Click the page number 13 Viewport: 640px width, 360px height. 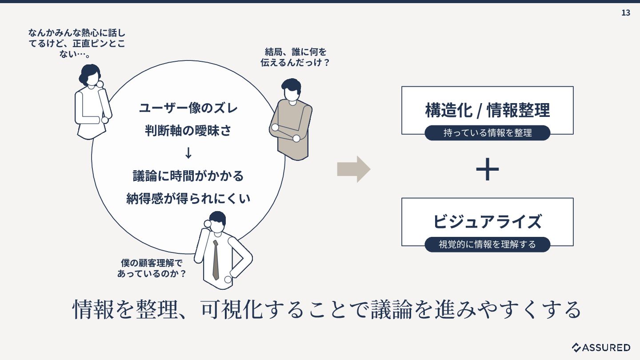click(x=625, y=13)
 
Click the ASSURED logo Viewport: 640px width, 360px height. click(x=601, y=347)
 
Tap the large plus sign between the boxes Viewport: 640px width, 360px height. click(x=487, y=169)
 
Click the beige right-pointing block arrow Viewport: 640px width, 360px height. click(x=353, y=169)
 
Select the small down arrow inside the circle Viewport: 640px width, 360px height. click(x=188, y=153)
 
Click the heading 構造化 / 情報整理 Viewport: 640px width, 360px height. click(x=487, y=110)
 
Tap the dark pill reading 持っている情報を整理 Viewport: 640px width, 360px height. click(x=487, y=133)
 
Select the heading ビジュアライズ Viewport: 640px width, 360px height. click(x=487, y=221)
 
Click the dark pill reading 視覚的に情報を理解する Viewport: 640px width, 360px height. click(x=487, y=244)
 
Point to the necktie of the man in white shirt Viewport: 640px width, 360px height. click(x=216, y=260)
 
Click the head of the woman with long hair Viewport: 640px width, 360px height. click(x=91, y=75)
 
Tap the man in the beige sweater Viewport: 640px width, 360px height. click(x=292, y=124)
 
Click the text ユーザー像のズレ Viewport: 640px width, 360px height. click(x=188, y=108)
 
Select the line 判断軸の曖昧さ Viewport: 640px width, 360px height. click(x=188, y=131)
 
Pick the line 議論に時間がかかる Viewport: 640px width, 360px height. click(x=188, y=176)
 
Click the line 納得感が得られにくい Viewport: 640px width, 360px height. click(x=188, y=198)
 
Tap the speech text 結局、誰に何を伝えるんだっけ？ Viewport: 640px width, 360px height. click(x=295, y=57)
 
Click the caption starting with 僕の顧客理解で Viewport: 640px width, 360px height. click(x=152, y=268)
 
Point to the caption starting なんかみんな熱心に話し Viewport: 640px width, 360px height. click(x=76, y=44)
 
